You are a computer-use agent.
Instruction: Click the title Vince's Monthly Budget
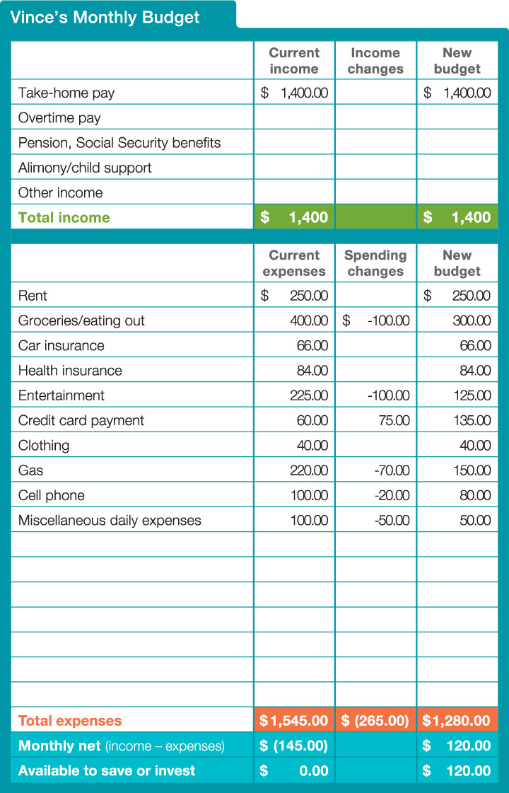click(x=105, y=17)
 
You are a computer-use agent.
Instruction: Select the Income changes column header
click(x=375, y=61)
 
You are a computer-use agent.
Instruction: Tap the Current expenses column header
click(x=294, y=263)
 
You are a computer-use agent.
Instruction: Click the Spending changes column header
click(x=375, y=263)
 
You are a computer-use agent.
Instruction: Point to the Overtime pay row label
click(x=59, y=117)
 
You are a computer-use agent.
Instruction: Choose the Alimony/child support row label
click(x=85, y=168)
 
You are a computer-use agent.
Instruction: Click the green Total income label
click(x=64, y=217)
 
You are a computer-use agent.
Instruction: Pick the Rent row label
click(x=33, y=296)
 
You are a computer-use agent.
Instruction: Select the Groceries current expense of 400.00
click(x=309, y=320)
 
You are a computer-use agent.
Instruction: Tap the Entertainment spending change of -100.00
click(x=388, y=395)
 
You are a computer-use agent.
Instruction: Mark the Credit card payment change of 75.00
click(x=394, y=420)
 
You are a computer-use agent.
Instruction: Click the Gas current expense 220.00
click(x=309, y=470)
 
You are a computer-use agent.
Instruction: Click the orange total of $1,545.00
click(x=294, y=721)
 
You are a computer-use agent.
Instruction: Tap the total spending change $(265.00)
click(x=375, y=721)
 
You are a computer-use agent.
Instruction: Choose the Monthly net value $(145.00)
click(x=294, y=746)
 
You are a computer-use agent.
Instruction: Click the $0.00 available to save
click(x=294, y=770)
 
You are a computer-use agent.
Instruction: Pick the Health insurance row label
click(x=70, y=370)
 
